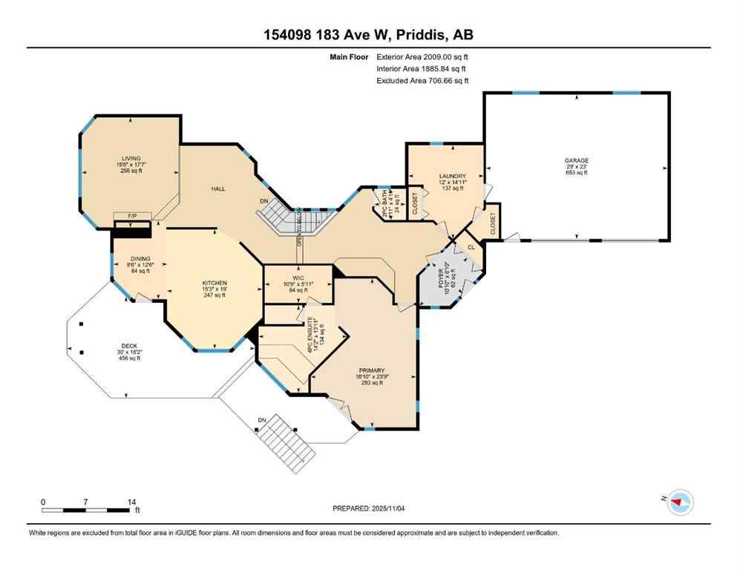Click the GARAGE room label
[x=576, y=160]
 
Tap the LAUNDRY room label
[x=451, y=176]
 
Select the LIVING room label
[x=131, y=157]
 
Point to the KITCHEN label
[x=214, y=283]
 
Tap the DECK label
[x=129, y=345]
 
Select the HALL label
[x=217, y=189]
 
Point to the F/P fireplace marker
[x=133, y=216]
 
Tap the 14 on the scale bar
[x=131, y=502]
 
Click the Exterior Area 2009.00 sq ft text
[x=422, y=56]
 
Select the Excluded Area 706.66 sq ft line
[x=422, y=80]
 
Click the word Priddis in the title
[x=441, y=35]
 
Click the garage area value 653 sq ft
[x=576, y=174]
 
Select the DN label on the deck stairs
[x=262, y=421]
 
